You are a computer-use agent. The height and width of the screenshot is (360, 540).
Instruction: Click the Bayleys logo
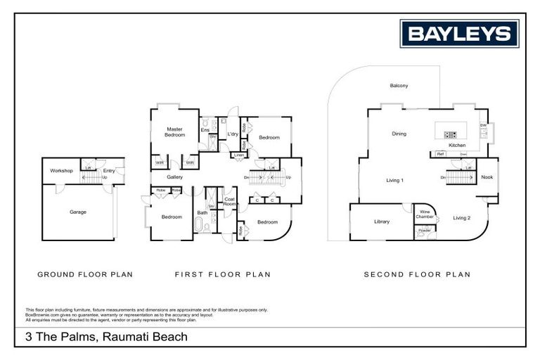tap(459, 34)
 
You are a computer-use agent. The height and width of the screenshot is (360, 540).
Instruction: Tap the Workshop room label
tap(61, 171)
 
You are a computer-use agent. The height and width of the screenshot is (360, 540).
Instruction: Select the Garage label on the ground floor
tap(78, 212)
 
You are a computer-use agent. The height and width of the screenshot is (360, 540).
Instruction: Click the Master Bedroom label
tap(174, 132)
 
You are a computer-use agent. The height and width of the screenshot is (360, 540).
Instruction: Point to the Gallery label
tap(174, 177)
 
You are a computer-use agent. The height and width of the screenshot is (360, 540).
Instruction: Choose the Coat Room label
tap(229, 202)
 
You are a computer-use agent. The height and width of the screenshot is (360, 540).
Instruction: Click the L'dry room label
tap(232, 134)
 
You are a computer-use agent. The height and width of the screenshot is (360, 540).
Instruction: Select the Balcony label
tap(399, 86)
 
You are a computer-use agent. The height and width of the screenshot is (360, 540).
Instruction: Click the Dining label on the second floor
tap(399, 134)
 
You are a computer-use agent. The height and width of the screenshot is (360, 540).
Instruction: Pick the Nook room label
tap(487, 177)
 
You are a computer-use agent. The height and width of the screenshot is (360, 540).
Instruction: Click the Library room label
tap(381, 222)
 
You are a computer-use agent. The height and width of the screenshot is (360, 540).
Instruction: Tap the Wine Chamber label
tap(425, 214)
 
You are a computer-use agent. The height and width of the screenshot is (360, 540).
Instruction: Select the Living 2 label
tap(461, 218)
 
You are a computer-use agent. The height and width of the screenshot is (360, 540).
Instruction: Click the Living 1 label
tap(394, 181)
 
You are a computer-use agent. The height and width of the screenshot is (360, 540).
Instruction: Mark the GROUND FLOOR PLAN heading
tap(84, 275)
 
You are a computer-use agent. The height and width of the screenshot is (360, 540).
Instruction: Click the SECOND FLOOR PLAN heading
tap(417, 275)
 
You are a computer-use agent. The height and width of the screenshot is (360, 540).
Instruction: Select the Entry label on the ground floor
tap(109, 171)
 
